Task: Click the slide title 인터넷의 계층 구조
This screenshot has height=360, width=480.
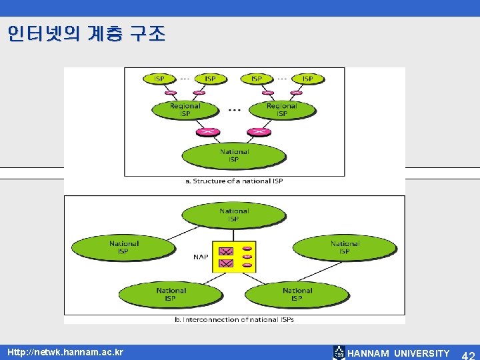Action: (x=86, y=34)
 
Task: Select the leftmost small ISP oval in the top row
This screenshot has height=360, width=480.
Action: (x=159, y=79)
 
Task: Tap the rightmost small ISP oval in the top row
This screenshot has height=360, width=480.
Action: (x=307, y=79)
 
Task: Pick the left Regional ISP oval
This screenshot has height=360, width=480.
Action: (x=185, y=109)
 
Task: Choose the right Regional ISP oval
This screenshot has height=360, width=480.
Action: (x=281, y=109)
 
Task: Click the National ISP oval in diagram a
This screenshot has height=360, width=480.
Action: (x=233, y=155)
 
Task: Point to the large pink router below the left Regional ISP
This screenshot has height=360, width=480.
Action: (x=209, y=131)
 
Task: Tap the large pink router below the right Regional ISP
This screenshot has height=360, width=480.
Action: (x=259, y=131)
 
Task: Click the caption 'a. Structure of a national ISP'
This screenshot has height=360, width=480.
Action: (x=234, y=181)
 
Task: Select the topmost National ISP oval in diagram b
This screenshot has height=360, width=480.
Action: (x=233, y=215)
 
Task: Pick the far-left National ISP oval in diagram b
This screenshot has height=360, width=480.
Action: (x=124, y=247)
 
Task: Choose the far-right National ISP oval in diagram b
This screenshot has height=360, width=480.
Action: (x=344, y=247)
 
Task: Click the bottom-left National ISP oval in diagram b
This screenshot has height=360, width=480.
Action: (x=171, y=294)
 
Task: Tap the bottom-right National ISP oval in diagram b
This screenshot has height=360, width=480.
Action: (x=297, y=294)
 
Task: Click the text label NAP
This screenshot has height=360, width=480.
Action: (x=201, y=256)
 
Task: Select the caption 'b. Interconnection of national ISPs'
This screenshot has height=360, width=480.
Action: (x=234, y=319)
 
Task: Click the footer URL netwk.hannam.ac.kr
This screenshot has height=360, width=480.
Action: (x=65, y=351)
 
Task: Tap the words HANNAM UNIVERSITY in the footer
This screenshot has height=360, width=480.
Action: (x=399, y=353)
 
